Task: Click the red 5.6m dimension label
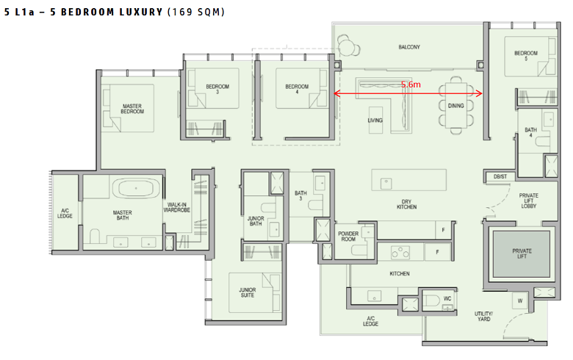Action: pyautogui.click(x=411, y=84)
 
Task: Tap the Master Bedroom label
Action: pyautogui.click(x=132, y=109)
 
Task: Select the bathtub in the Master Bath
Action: pyautogui.click(x=136, y=188)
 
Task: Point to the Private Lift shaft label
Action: pyautogui.click(x=522, y=253)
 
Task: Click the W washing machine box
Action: pyautogui.click(x=519, y=301)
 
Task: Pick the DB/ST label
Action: pyautogui.click(x=500, y=176)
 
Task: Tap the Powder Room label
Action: pyautogui.click(x=348, y=236)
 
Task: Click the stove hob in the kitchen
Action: pyautogui.click(x=400, y=252)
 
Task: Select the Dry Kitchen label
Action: pyautogui.click(x=407, y=204)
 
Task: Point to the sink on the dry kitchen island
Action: pyautogui.click(x=386, y=183)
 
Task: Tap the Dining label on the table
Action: pyautogui.click(x=456, y=106)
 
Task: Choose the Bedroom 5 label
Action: pyautogui.click(x=526, y=56)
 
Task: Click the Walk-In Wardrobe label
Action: pyautogui.click(x=177, y=207)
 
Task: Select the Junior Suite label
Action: pyautogui.click(x=248, y=292)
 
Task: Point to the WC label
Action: pyautogui.click(x=447, y=298)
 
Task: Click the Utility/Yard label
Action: pyautogui.click(x=484, y=316)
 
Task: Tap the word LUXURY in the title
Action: pyautogui.click(x=141, y=12)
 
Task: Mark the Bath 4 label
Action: pyautogui.click(x=530, y=132)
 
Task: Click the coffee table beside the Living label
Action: pyautogui.click(x=375, y=120)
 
